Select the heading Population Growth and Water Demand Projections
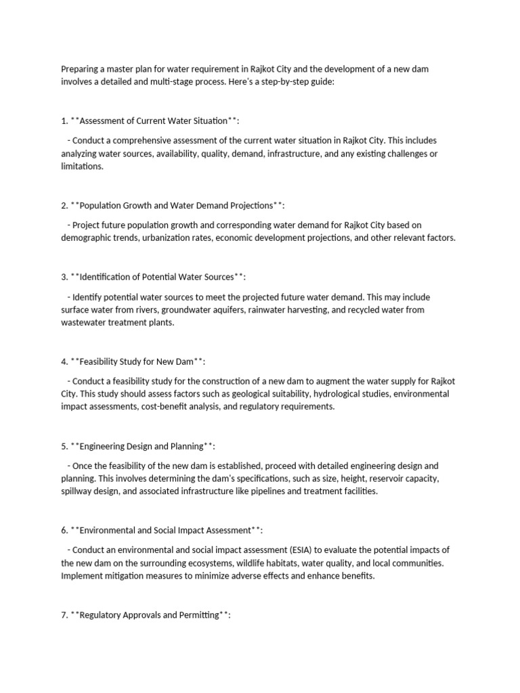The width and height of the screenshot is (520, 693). [173, 205]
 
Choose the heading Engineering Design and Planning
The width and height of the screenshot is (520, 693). [142, 446]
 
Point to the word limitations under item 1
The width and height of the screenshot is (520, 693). [81, 166]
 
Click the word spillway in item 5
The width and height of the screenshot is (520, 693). [77, 491]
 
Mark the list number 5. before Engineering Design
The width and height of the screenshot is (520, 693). [64, 446]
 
